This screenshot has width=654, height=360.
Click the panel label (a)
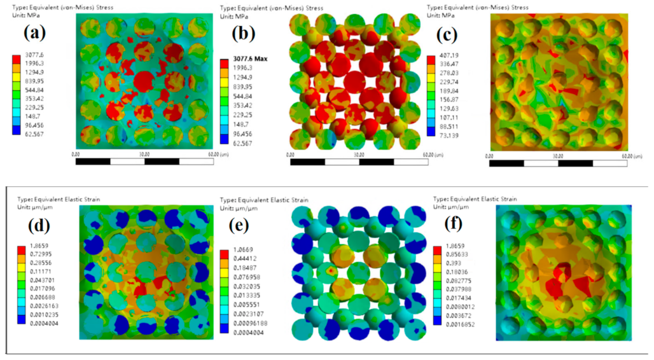(x=36, y=32)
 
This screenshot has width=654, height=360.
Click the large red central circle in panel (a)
(x=145, y=83)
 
